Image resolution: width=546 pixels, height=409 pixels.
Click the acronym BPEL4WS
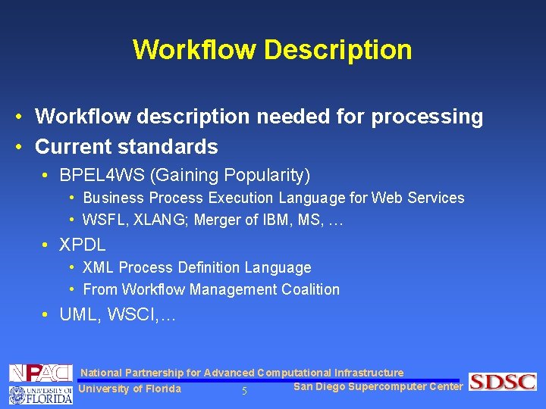pos(102,176)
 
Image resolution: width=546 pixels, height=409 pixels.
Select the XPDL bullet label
pos(82,245)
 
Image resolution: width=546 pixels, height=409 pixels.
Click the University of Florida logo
pos(40,394)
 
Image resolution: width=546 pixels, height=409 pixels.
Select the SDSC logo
pos(502,382)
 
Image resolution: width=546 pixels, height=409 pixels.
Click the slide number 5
pos(244,391)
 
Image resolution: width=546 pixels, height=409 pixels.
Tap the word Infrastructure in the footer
pos(369,373)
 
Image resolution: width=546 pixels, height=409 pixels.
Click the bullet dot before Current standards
pos(16,146)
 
